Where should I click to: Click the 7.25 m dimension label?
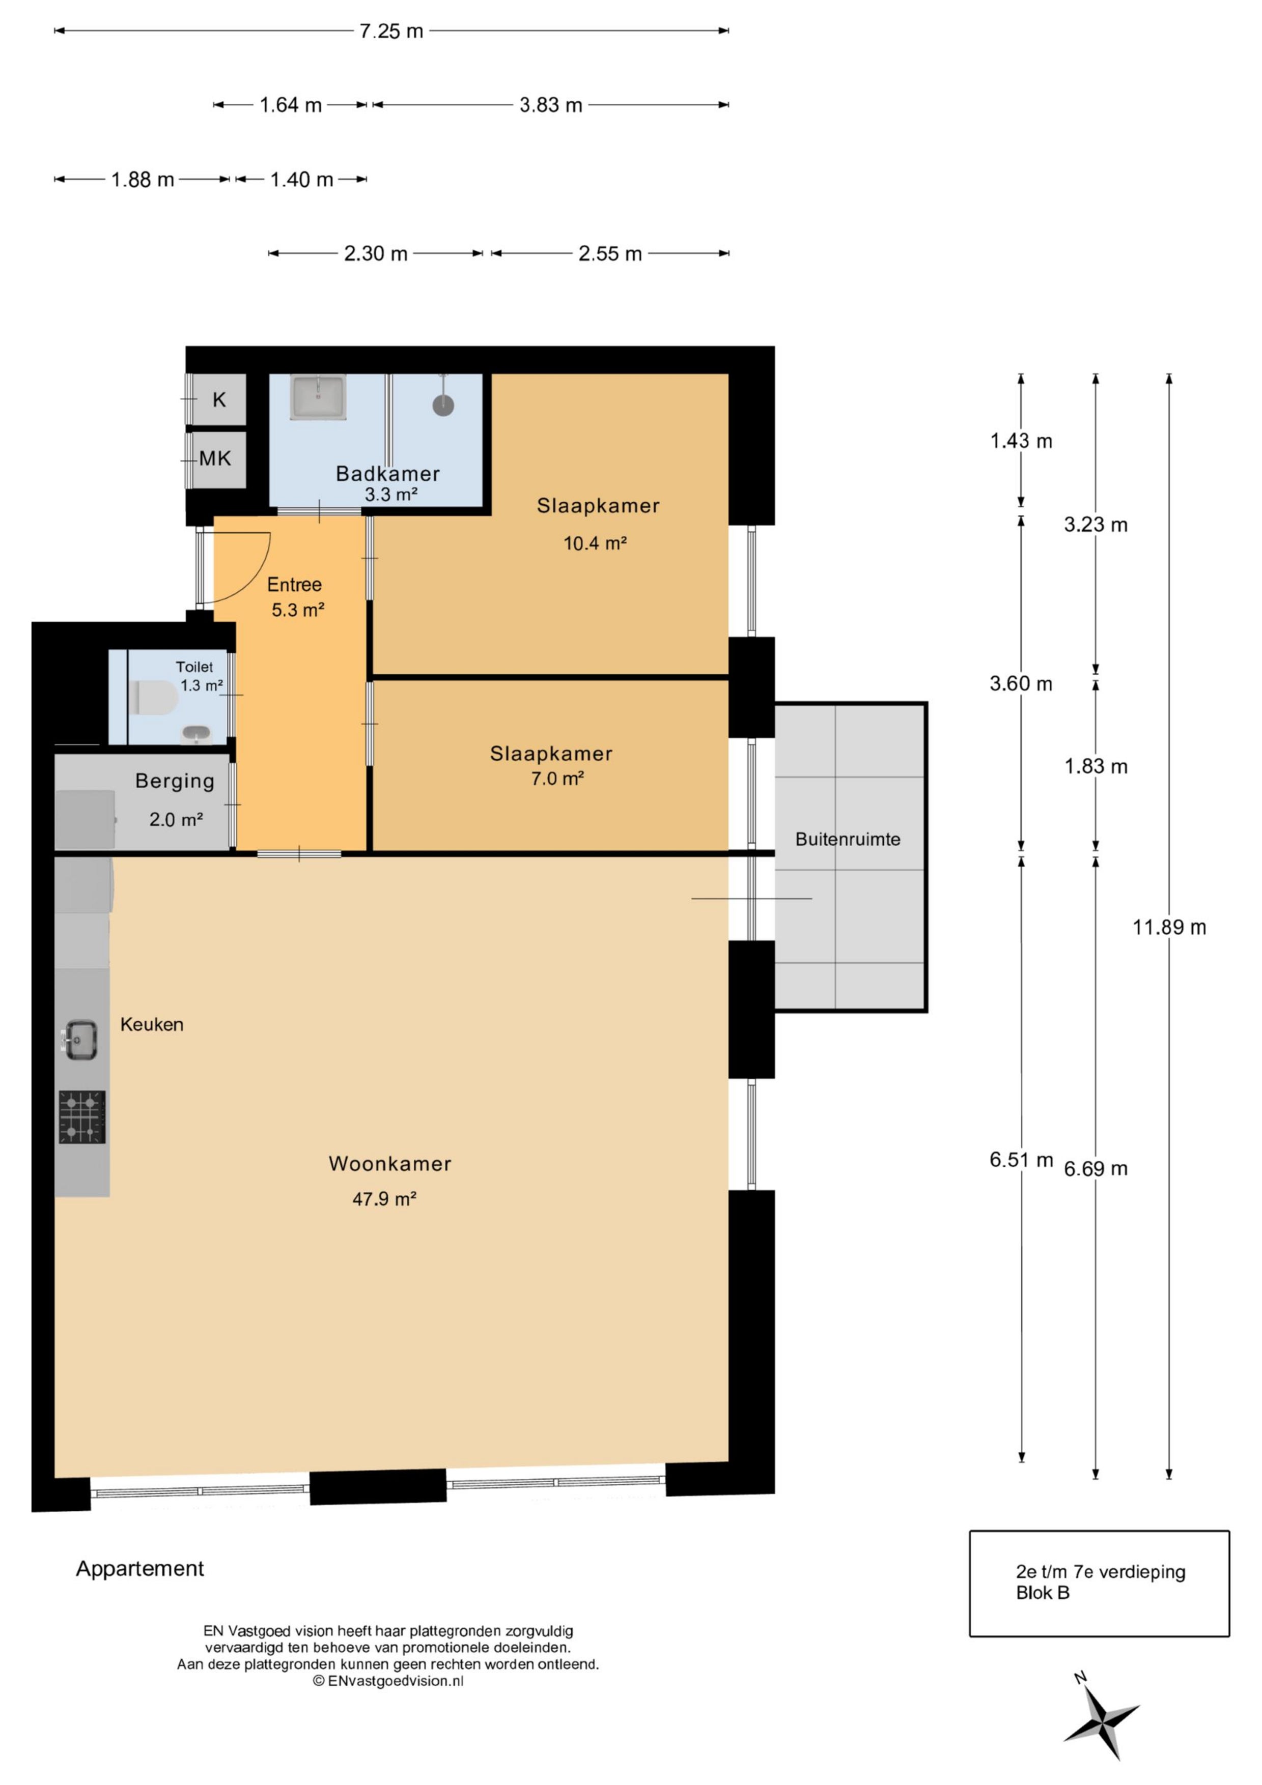click(x=391, y=31)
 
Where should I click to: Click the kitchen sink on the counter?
click(x=80, y=1040)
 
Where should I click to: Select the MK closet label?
click(x=215, y=458)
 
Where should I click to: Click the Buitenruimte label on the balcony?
click(x=848, y=839)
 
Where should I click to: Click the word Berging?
click(x=175, y=782)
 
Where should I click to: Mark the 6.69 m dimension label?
click(x=1096, y=1168)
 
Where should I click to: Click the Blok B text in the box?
click(x=1043, y=1593)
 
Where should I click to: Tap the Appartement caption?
click(x=140, y=1569)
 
